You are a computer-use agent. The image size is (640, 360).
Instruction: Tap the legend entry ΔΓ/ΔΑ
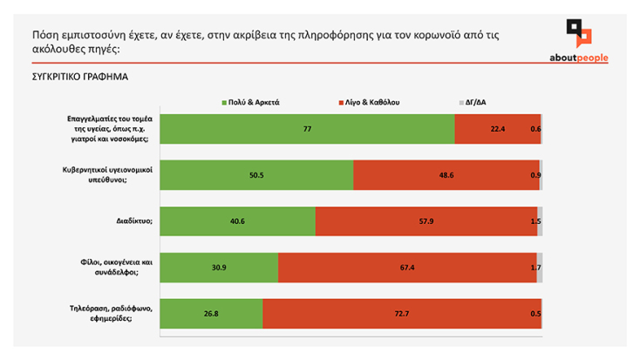point(472,102)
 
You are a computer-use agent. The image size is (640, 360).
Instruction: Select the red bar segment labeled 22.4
point(497,129)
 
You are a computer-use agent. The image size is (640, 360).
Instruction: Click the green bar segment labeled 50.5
point(257,175)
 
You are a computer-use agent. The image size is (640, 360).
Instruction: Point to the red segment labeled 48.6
point(446,175)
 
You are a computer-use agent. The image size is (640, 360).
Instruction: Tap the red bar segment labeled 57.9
point(426,221)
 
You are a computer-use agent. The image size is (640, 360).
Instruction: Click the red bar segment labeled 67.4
point(407,268)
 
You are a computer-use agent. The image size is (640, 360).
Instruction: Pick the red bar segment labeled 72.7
point(401,314)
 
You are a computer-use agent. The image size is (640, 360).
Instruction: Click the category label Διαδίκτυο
point(132,221)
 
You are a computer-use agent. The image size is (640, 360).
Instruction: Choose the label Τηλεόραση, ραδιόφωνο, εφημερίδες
point(111,314)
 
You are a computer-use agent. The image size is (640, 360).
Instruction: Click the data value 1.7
point(535,268)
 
